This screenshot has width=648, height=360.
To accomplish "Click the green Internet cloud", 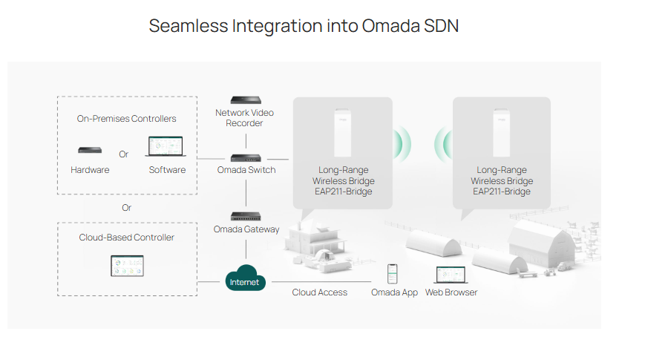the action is coord(245,278).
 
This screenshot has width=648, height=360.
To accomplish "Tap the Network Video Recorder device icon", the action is coord(246,100).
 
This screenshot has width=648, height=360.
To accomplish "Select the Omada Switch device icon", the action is coord(246,158).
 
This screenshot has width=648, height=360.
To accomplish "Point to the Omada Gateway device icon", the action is coord(246,216).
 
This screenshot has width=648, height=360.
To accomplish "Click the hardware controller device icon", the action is coord(90,150).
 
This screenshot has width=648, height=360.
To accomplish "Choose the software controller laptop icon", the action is coord(166,146).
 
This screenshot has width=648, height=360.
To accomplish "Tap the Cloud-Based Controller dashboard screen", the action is coord(127,266).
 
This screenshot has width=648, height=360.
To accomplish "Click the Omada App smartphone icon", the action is coord(392,274).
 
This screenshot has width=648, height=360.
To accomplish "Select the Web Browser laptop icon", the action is coord(451,275).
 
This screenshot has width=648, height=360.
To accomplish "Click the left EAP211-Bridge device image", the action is coord(343,133).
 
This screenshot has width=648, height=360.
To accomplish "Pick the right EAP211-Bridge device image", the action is coord(501,133).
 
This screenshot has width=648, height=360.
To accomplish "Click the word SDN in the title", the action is coord(442,26).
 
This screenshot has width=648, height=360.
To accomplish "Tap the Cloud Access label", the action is coord(319,292).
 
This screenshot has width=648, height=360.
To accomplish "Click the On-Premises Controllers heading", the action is coord(126,119).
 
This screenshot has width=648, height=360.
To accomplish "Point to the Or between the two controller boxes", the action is coord(126,208).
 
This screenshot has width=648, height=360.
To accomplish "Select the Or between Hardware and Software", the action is coord(123,154).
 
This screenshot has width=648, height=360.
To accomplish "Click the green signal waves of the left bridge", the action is coord(402,144).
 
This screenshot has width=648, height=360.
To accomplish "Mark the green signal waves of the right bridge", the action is coord(443,144).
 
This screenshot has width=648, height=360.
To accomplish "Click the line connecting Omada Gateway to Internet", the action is coord(246,249).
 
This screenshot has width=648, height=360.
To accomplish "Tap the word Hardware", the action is coord(90,170).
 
